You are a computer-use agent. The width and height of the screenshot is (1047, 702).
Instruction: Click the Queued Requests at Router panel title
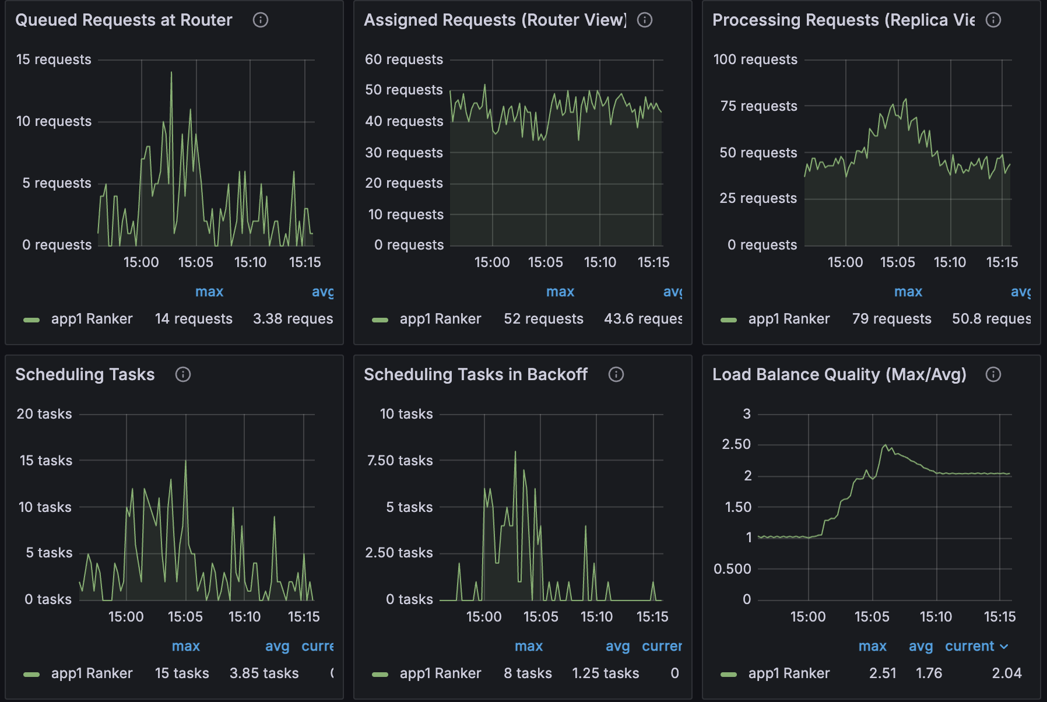coord(124,20)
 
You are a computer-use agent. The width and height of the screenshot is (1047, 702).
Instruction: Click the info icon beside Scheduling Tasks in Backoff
coord(616,374)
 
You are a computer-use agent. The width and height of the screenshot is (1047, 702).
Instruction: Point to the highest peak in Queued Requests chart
coord(171,72)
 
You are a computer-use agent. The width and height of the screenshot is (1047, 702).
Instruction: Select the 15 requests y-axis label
coord(54,59)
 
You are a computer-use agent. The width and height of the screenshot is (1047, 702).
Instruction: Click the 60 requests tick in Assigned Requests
coord(403,59)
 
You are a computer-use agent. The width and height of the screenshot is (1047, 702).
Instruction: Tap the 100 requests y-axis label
coord(755,59)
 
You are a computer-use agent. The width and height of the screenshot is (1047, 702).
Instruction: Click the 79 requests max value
coord(891,319)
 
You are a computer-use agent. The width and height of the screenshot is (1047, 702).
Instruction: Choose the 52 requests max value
coord(543,319)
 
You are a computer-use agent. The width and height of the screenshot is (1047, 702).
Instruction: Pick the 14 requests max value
coord(194,319)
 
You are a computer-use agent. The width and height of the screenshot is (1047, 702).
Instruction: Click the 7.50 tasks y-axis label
coord(400,461)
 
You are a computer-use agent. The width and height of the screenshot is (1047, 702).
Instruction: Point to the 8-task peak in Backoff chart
coord(515,452)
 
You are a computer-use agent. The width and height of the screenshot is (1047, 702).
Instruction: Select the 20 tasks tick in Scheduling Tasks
coord(44,414)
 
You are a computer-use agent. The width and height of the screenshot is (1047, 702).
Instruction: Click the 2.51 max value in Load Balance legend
coord(883,673)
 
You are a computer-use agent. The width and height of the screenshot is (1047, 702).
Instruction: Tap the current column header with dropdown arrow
coord(976,646)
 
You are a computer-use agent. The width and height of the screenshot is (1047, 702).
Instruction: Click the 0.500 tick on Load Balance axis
coord(732,569)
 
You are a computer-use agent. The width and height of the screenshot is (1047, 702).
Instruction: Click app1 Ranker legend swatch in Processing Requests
coord(729,320)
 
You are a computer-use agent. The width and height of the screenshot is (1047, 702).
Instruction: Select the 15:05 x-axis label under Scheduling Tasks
coord(185,617)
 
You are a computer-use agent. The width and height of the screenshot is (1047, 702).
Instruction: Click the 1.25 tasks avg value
coord(605,673)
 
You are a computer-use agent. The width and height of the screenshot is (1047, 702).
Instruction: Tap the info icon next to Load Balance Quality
coord(993,374)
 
